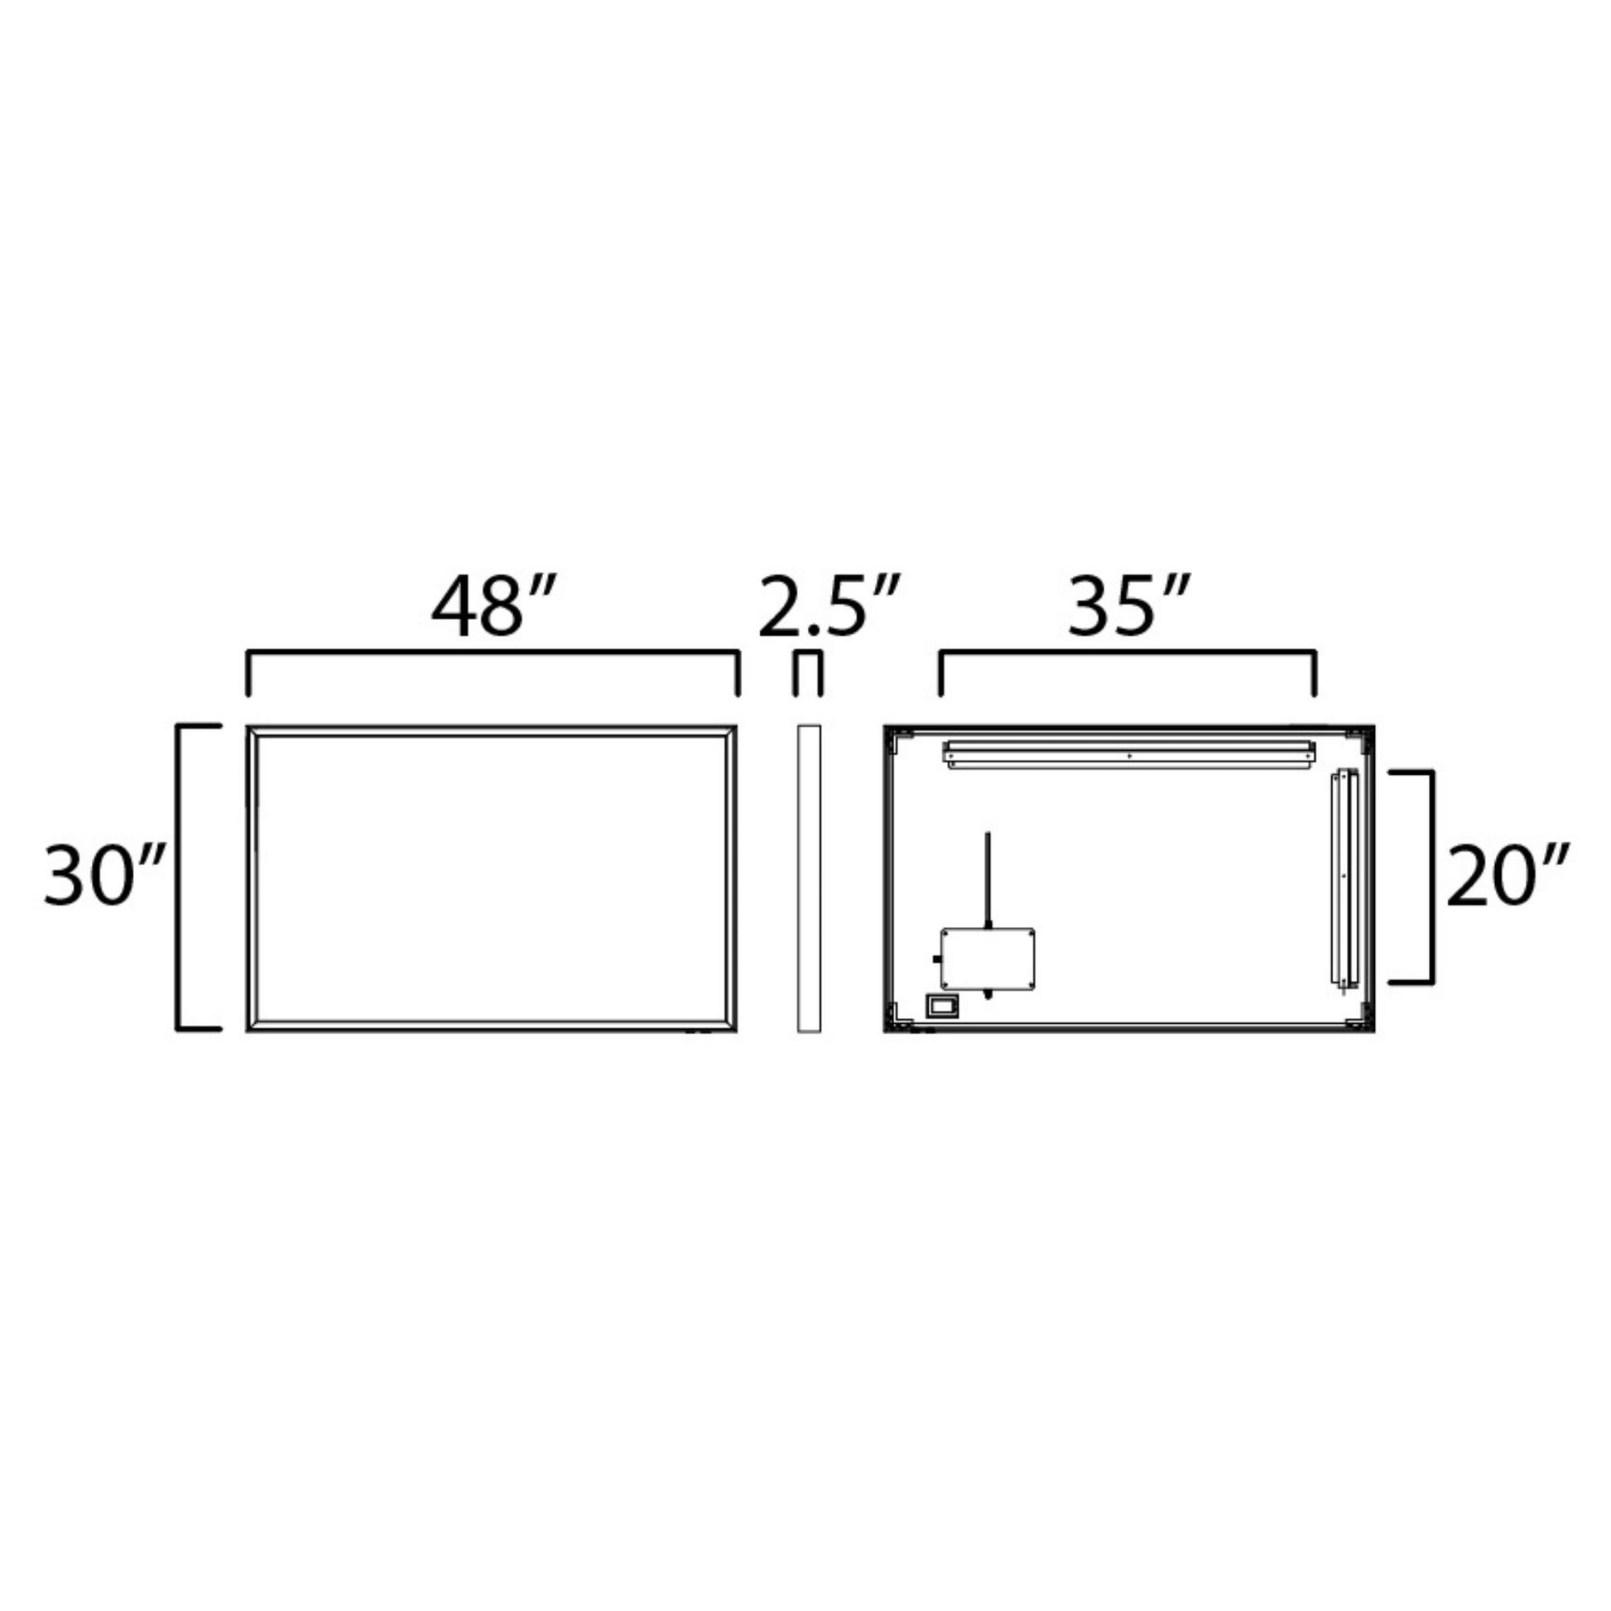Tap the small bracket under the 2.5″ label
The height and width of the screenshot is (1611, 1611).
click(x=808, y=653)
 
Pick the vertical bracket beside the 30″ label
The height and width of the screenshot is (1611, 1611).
click(x=178, y=878)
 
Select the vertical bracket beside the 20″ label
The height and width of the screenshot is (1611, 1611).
click(x=1431, y=878)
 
